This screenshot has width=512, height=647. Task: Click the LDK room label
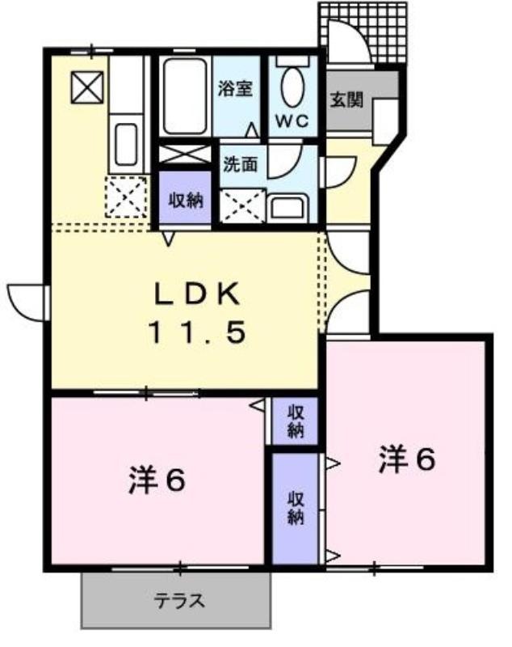pos(197,294)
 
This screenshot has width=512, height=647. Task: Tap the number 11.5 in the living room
pos(197,332)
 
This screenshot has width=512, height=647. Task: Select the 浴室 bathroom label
pos(235,88)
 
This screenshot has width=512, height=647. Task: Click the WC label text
pos(292,121)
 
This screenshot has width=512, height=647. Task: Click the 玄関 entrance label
pos(346,99)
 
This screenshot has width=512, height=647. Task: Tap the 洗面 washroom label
pos(241,164)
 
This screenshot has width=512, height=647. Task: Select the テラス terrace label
pos(179,601)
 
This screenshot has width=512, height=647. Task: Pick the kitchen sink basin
pos(126,144)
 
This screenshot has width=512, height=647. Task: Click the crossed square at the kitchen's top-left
pos(87,87)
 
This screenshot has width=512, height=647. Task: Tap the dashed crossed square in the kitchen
pos(126,197)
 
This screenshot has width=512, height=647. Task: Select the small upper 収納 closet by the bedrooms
pos(296,421)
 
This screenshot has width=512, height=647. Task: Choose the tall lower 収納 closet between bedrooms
pos(296,509)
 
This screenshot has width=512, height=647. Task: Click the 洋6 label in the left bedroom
pos(157,480)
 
